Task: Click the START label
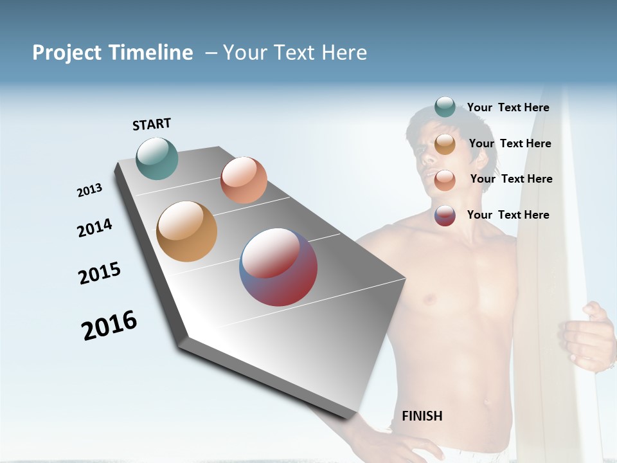pyautogui.click(x=152, y=124)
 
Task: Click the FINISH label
pyautogui.click(x=422, y=416)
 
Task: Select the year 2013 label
pyautogui.click(x=89, y=190)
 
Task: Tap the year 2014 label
pyautogui.click(x=94, y=228)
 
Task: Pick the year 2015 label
pyautogui.click(x=99, y=273)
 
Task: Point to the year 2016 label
pyautogui.click(x=109, y=325)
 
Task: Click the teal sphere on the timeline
pyautogui.click(x=157, y=158)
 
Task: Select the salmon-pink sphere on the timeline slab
pyautogui.click(x=244, y=180)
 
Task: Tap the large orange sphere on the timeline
pyautogui.click(x=186, y=232)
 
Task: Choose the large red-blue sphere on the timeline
pyautogui.click(x=278, y=267)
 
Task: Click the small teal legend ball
pyautogui.click(x=445, y=107)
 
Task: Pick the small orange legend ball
pyautogui.click(x=445, y=144)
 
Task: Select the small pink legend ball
pyautogui.click(x=445, y=180)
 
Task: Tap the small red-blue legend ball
pyautogui.click(x=445, y=215)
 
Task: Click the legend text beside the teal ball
pyautogui.click(x=508, y=107)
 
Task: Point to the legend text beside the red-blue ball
pyautogui.click(x=508, y=215)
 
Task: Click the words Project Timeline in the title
pyautogui.click(x=112, y=53)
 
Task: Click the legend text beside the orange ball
pyautogui.click(x=510, y=143)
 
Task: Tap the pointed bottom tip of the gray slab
pyautogui.click(x=350, y=417)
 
